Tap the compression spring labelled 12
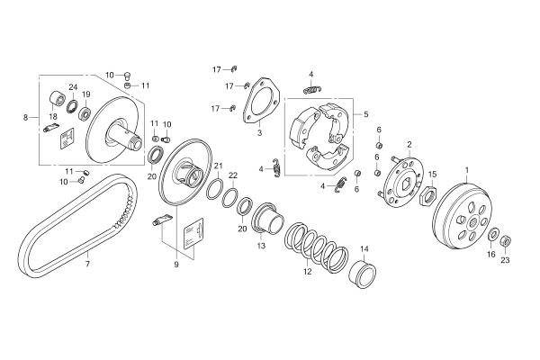click(316, 247)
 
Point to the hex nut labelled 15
click(428, 196)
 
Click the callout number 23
click(505, 260)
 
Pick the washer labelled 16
click(493, 234)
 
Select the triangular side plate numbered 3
click(260, 101)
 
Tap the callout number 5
click(365, 114)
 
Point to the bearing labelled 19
click(85, 113)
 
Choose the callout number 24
click(73, 86)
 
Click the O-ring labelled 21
click(215, 189)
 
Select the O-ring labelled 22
click(229, 198)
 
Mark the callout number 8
click(25, 118)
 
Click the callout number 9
click(176, 265)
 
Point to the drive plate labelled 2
click(402, 182)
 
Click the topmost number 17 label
click(217, 69)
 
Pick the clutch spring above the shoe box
click(312, 90)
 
